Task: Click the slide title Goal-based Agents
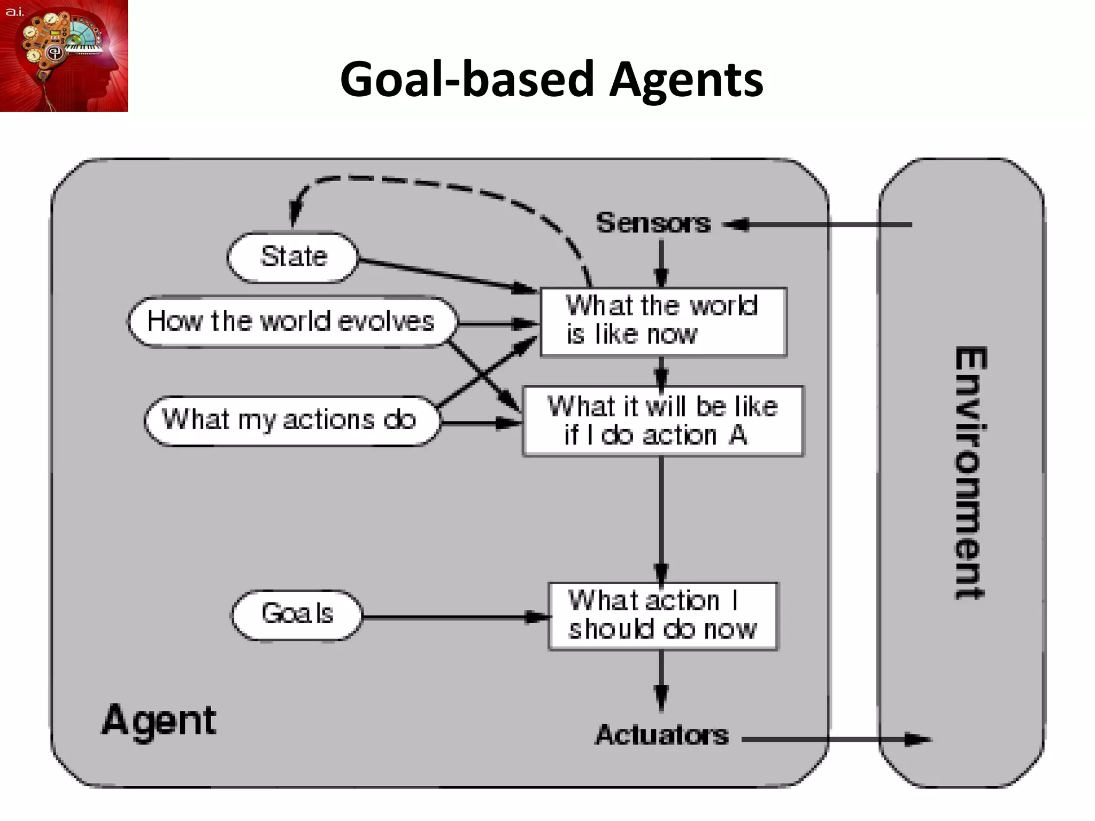pos(551,79)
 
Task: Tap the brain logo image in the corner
pos(64,56)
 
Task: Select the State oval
pos(292,257)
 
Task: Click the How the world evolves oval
pos(291,322)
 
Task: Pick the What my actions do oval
pos(290,420)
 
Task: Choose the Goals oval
pos(297,614)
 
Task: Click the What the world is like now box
pos(663,321)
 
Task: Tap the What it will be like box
pos(662,421)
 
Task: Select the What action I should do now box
pos(662,616)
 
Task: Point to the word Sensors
pos(653,223)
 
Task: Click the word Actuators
pos(662,735)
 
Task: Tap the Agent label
pos(159,721)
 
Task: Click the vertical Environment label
pos(970,473)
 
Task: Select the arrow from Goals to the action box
pos(454,617)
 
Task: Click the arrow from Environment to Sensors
pos(818,225)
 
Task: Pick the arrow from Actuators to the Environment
pos(834,740)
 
